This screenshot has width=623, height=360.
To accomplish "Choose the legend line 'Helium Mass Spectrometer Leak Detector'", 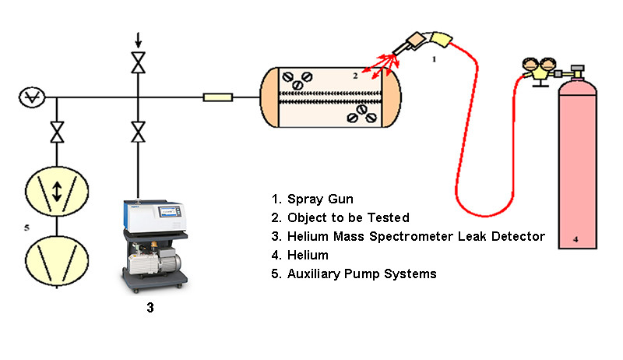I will point(405,236).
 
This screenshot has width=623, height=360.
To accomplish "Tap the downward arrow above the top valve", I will point(139,38).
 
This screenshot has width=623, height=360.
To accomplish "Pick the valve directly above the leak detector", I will point(139,132).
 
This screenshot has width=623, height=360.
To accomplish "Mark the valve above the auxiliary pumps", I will point(57,132).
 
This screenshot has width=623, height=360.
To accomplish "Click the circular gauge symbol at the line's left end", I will point(33,97).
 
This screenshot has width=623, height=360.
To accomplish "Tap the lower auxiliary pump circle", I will point(56,258).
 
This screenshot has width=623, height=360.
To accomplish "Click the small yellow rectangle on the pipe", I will point(217,97).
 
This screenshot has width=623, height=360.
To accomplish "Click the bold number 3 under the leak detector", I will point(150,309).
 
